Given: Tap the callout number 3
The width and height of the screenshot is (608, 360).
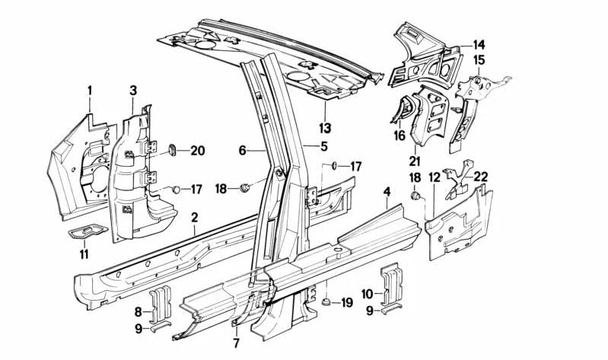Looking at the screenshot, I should pyautogui.click(x=132, y=91).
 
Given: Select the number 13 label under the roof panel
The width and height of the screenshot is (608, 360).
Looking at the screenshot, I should pyautogui.click(x=326, y=126).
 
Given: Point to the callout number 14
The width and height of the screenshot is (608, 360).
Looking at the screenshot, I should pyautogui.click(x=479, y=44).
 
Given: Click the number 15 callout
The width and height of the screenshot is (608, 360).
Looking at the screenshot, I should pyautogui.click(x=479, y=59).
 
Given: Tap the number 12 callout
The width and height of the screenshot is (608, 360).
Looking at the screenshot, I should pyautogui.click(x=435, y=177).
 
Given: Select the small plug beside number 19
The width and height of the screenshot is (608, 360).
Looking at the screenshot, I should pyautogui.click(x=326, y=303).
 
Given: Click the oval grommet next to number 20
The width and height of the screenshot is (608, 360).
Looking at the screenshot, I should pyautogui.click(x=171, y=149).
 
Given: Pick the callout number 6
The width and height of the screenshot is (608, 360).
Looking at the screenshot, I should pyautogui.click(x=243, y=151).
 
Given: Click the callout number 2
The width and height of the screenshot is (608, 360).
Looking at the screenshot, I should pyautogui.click(x=194, y=218).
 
